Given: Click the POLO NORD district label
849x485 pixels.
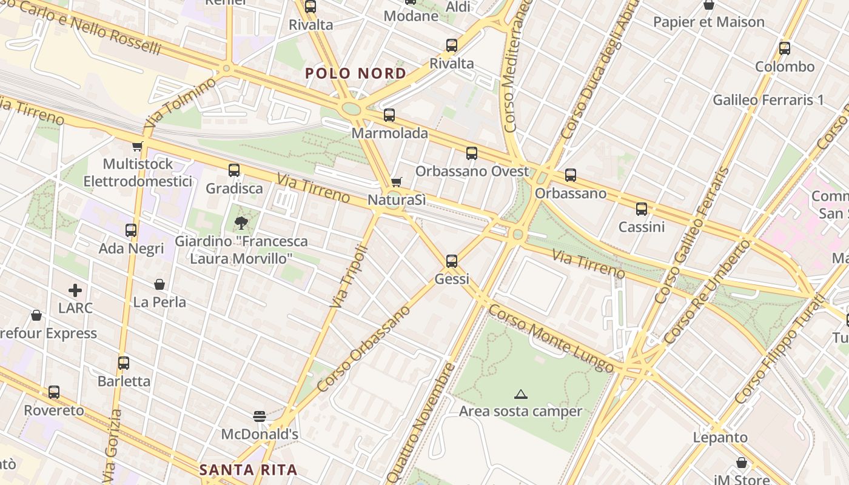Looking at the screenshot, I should tap(356, 74).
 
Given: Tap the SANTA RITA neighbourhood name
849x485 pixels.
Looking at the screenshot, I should tap(249, 470).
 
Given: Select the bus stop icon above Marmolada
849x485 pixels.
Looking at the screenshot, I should tap(389, 115).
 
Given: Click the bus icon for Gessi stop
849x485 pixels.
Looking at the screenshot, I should tap(452, 261).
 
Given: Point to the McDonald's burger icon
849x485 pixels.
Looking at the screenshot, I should tap(260, 416).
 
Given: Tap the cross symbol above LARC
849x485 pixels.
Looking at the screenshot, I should tap(75, 290).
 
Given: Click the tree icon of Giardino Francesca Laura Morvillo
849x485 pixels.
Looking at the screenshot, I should tap(241, 222).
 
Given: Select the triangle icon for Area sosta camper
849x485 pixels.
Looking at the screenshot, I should tap(520, 395).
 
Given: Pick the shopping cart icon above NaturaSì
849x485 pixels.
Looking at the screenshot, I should tap(397, 182).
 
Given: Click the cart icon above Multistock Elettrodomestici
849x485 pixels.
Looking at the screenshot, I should tap(138, 146).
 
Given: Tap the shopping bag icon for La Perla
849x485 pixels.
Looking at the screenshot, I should tap(159, 284).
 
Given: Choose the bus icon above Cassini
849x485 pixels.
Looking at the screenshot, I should tap(642, 209).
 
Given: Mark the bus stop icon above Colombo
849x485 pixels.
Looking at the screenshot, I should tap(785, 48).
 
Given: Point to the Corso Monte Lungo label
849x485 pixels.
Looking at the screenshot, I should tap(551, 337).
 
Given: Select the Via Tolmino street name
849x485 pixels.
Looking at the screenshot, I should tap(180, 102).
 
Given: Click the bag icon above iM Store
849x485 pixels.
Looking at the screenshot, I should tap(741, 463).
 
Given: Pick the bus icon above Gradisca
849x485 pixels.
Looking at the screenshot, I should tap(234, 170).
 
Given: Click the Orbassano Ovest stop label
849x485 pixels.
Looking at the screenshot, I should tap(472, 172).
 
